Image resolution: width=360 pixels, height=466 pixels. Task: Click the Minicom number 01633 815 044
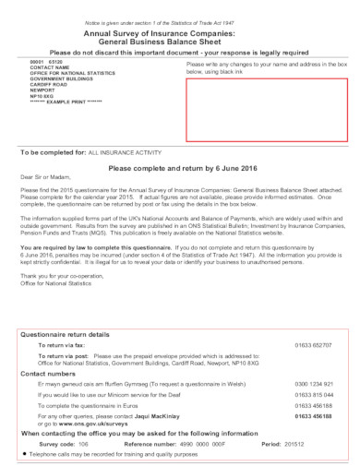pyautogui.click(x=314, y=393)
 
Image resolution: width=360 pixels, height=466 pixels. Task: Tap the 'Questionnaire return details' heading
pyautogui.click(x=66, y=333)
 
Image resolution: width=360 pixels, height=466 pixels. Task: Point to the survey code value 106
pyautogui.click(x=84, y=443)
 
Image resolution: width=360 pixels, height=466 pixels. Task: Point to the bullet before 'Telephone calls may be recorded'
pyautogui.click(x=22, y=455)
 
